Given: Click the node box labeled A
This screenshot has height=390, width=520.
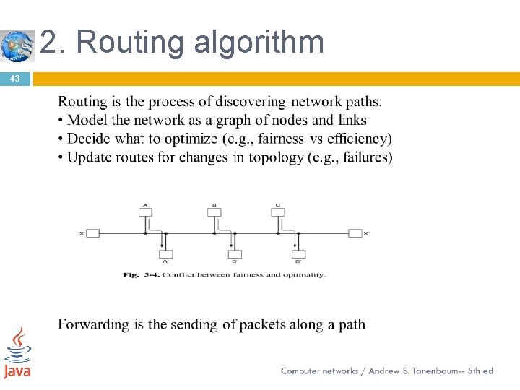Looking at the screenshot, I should [x=145, y=212].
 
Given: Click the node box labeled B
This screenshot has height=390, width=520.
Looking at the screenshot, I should [x=213, y=212].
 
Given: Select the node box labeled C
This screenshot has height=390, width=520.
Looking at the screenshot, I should [x=278, y=212].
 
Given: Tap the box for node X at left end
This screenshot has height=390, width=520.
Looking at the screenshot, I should [x=92, y=233].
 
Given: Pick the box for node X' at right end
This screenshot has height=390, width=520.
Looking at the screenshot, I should [x=355, y=233].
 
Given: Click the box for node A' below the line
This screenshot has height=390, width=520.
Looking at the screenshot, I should [x=165, y=253].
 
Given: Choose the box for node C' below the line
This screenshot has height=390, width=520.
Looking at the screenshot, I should [x=298, y=253].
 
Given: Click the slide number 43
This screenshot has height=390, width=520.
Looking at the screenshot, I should [x=14, y=78].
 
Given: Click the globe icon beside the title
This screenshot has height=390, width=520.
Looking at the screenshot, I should [x=17, y=45].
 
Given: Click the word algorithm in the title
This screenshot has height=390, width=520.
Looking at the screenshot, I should [x=259, y=43].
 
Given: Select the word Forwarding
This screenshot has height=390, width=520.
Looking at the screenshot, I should [x=93, y=324].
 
